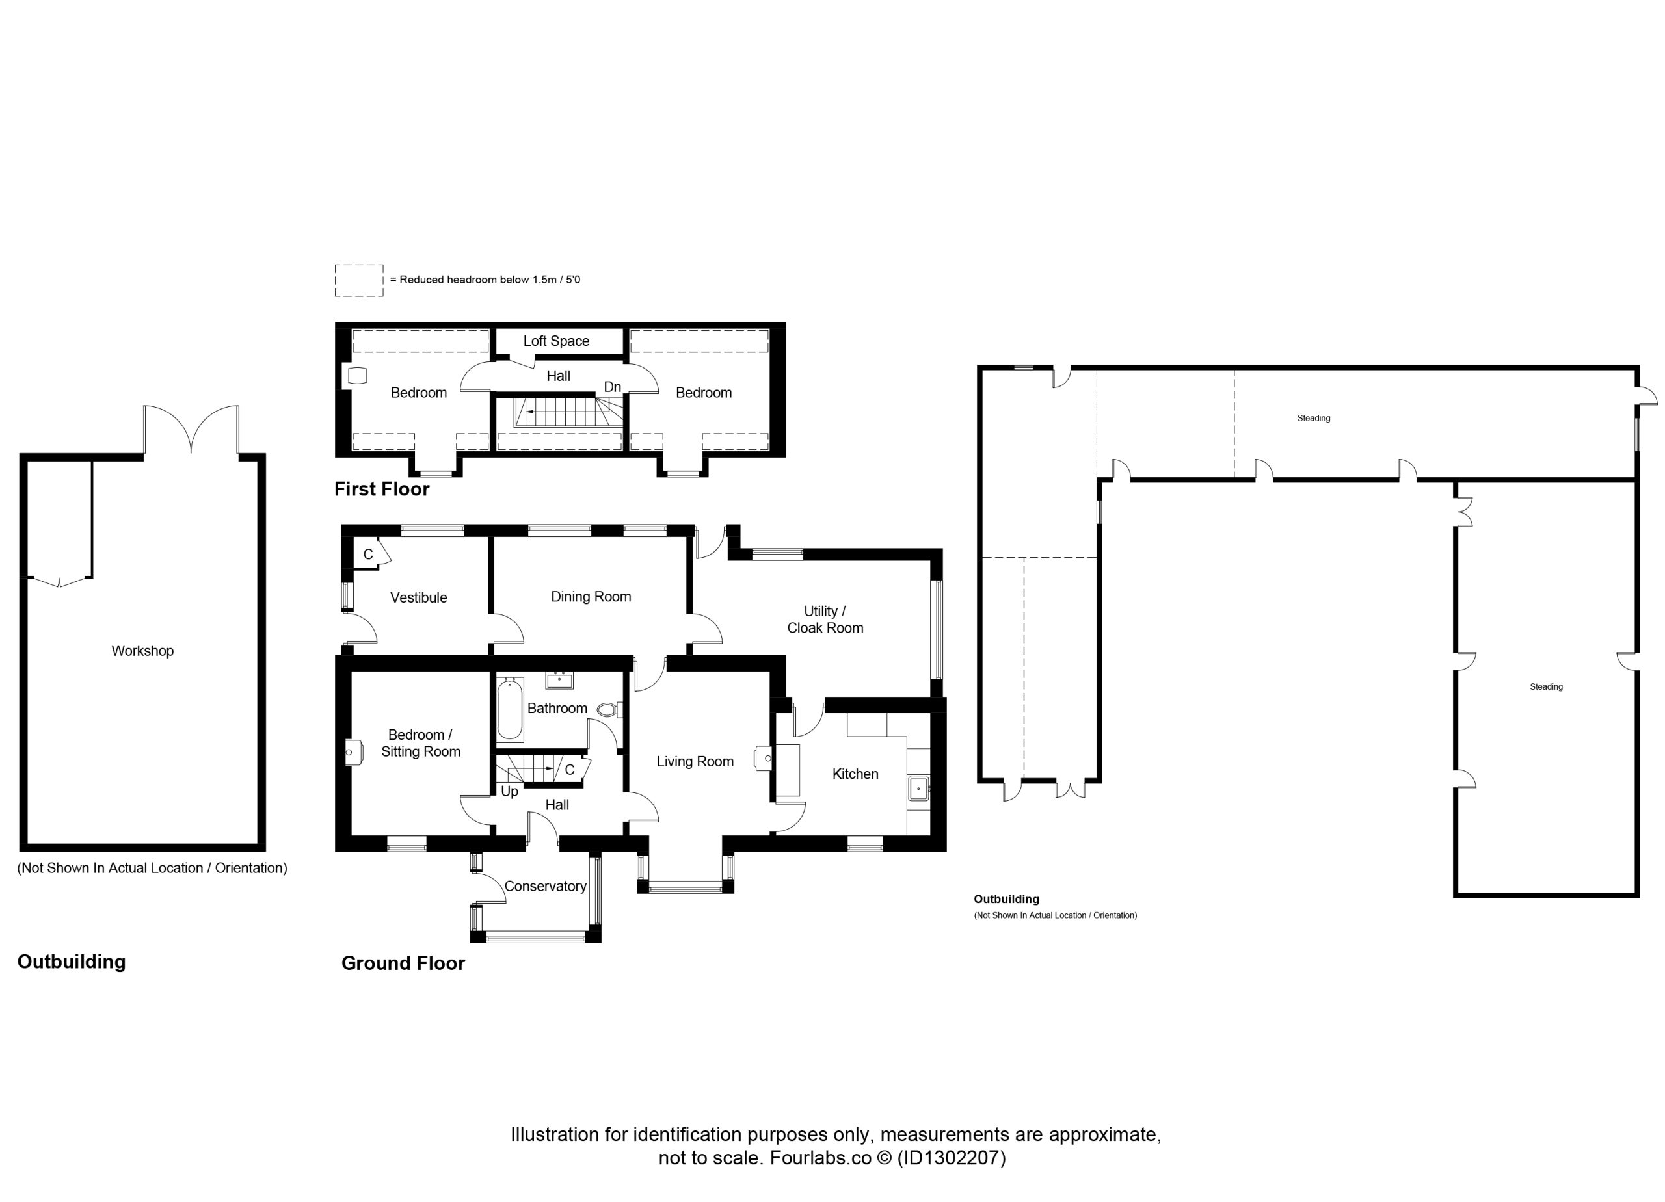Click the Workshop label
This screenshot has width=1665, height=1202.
pos(142,651)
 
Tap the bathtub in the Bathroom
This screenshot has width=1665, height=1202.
pos(510,711)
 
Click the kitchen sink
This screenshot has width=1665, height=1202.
pos(918,789)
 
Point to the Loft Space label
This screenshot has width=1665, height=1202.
pos(557,341)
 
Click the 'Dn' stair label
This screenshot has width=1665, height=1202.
pos(612,387)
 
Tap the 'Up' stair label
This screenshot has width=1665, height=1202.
pos(509,791)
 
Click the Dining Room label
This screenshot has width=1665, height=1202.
pos(591,597)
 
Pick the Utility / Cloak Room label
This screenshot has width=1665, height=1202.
pos(825,620)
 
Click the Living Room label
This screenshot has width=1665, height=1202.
pos(695,762)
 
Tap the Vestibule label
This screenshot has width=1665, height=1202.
pos(418,597)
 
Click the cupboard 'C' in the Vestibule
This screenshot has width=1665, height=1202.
pos(369,555)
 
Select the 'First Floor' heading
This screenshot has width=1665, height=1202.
pos(382,489)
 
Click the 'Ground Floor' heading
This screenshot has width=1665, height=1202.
pos(403,963)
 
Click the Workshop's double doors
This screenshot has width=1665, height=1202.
pos(191,430)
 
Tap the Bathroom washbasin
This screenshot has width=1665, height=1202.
pos(559,680)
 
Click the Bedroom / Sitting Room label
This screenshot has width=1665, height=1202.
pos(421,742)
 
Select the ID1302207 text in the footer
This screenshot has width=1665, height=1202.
pos(952,1157)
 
